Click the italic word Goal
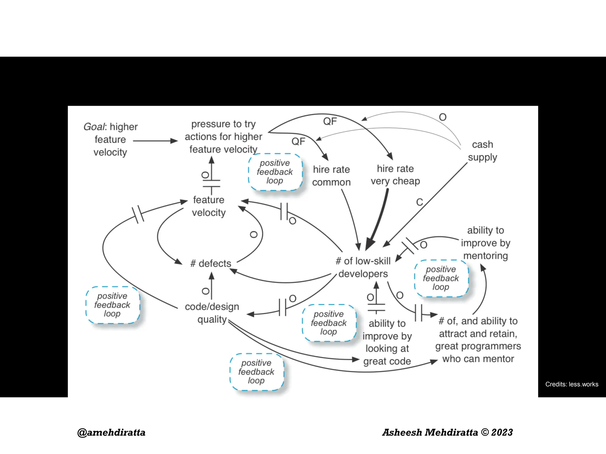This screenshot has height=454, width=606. tap(94, 127)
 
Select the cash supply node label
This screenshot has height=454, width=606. tap(482, 151)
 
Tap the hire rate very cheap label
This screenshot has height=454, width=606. tap(395, 175)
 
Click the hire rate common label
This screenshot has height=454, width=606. tap(331, 176)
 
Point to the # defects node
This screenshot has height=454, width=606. tap(211, 263)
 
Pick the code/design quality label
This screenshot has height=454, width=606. tap(212, 313)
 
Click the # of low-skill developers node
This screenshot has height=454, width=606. tap(363, 267)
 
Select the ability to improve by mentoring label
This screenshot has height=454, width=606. tap(486, 243)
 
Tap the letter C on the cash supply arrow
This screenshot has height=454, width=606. tap(420, 202)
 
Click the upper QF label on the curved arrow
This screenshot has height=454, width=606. tap(330, 121)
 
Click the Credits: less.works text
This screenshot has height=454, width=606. tap(572, 384)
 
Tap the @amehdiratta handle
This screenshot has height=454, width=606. tap(111, 432)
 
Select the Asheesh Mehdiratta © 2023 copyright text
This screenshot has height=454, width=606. tap(447, 432)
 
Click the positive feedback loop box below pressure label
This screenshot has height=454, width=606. tap(275, 172)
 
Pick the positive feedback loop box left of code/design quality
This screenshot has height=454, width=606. tap(112, 305)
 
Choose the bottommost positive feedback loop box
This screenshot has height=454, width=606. tap(257, 372)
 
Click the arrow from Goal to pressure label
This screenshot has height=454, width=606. tap(155, 141)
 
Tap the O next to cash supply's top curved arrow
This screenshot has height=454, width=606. tap(443, 117)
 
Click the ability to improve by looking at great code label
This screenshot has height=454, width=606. tap(387, 342)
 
